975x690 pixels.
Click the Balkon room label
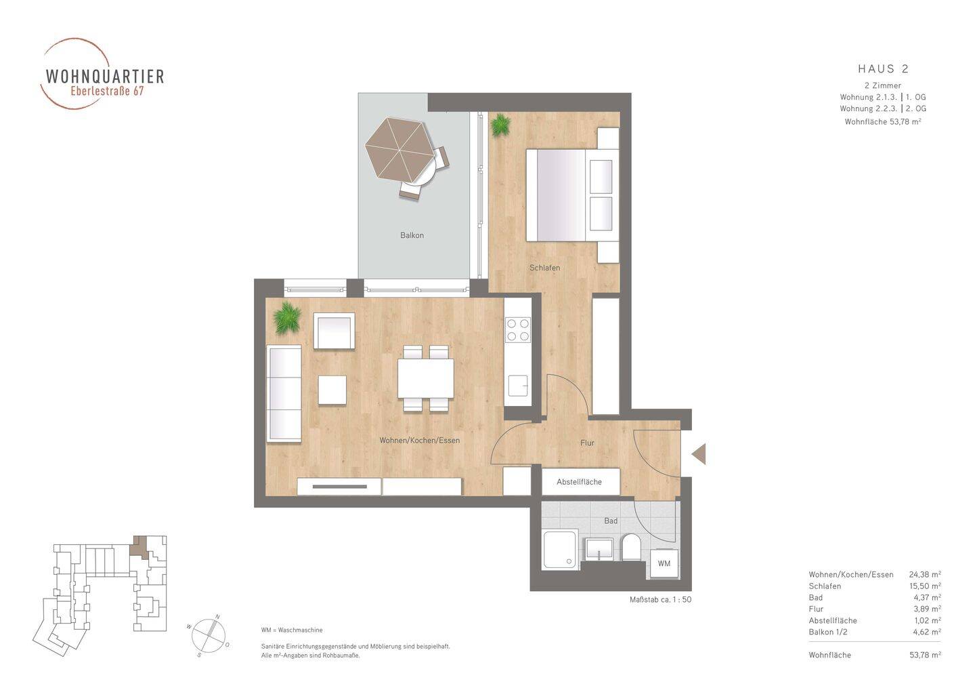[x=412, y=235]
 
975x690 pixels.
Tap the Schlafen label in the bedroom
[x=544, y=268]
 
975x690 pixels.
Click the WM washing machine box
[x=664, y=563]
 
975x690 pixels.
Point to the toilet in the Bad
[x=631, y=548]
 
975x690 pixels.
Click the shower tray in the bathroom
[x=561, y=550]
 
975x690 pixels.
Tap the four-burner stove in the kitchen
[x=518, y=330]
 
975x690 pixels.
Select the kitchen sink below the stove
[x=518, y=386]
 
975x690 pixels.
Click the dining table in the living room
[x=425, y=378]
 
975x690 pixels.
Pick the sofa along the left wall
[x=284, y=393]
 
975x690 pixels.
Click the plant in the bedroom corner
[x=500, y=125]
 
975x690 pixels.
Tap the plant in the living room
[x=287, y=318]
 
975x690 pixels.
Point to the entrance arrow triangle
[x=699, y=454]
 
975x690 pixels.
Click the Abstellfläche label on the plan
[x=579, y=482]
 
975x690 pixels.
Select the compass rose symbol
[x=209, y=635]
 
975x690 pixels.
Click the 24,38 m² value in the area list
[x=925, y=575]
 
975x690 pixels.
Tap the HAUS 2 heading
[x=883, y=69]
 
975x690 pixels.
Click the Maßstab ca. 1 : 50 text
[x=660, y=599]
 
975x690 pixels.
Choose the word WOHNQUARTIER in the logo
[x=105, y=76]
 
